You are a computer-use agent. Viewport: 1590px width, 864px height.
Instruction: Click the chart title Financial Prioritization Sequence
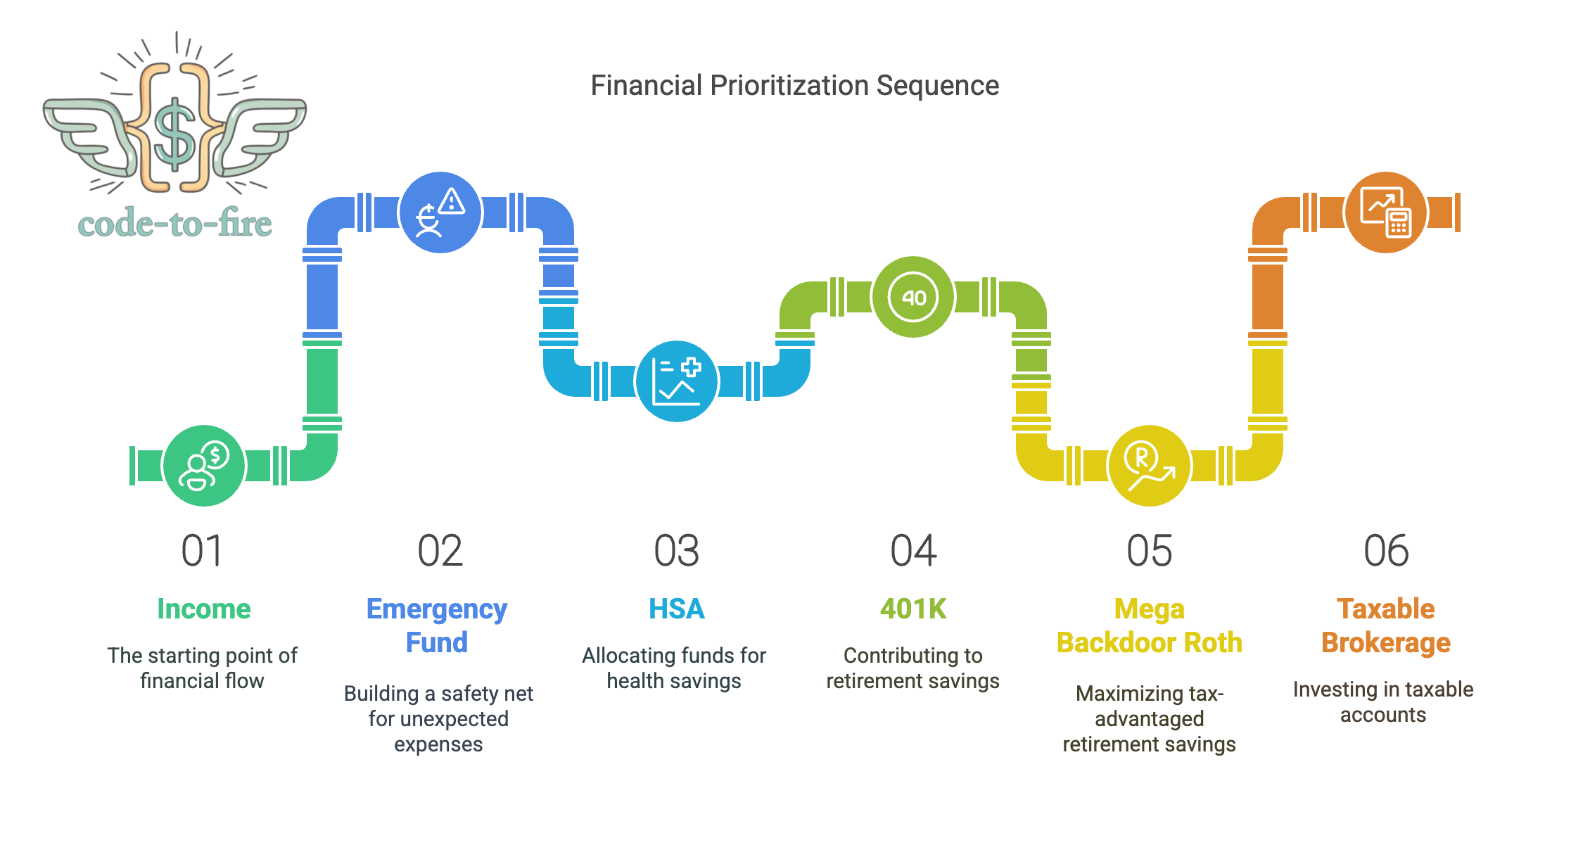794,86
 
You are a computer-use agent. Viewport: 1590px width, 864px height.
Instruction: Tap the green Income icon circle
204,465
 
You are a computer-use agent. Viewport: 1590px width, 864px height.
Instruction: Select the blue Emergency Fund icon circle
440,212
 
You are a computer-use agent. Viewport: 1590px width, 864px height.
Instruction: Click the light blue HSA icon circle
677,381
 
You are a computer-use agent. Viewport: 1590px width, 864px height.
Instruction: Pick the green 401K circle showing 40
913,296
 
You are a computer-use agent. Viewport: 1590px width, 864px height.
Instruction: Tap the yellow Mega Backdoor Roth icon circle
1149,465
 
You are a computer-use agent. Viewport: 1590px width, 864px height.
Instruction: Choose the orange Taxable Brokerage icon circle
1385,212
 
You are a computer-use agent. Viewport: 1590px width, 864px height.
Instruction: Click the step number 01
202,550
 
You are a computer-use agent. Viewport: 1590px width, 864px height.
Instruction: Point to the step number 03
676,550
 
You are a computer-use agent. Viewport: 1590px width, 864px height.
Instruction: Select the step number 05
1150,550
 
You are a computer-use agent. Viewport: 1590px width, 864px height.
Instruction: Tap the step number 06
1386,550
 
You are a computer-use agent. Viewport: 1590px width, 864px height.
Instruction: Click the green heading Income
204,609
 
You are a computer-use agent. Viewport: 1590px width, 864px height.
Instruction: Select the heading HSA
676,609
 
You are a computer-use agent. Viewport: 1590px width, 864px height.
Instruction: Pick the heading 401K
913,609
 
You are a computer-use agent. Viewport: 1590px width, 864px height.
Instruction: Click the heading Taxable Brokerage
1386,625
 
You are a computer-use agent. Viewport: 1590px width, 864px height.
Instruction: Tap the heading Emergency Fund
437,625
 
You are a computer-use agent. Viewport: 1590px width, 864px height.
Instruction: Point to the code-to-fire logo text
175,224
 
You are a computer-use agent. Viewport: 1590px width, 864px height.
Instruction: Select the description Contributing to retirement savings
913,668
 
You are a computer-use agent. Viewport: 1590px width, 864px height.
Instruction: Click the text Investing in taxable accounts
1383,701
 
